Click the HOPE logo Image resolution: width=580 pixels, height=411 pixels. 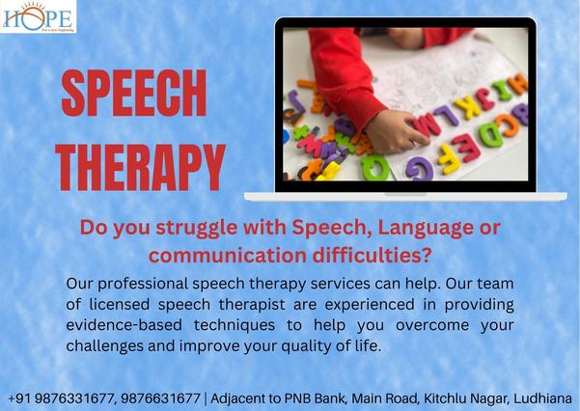39,16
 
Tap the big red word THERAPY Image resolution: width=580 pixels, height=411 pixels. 141,167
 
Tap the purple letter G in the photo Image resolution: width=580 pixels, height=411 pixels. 421,168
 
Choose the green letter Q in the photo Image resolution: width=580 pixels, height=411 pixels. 375,167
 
